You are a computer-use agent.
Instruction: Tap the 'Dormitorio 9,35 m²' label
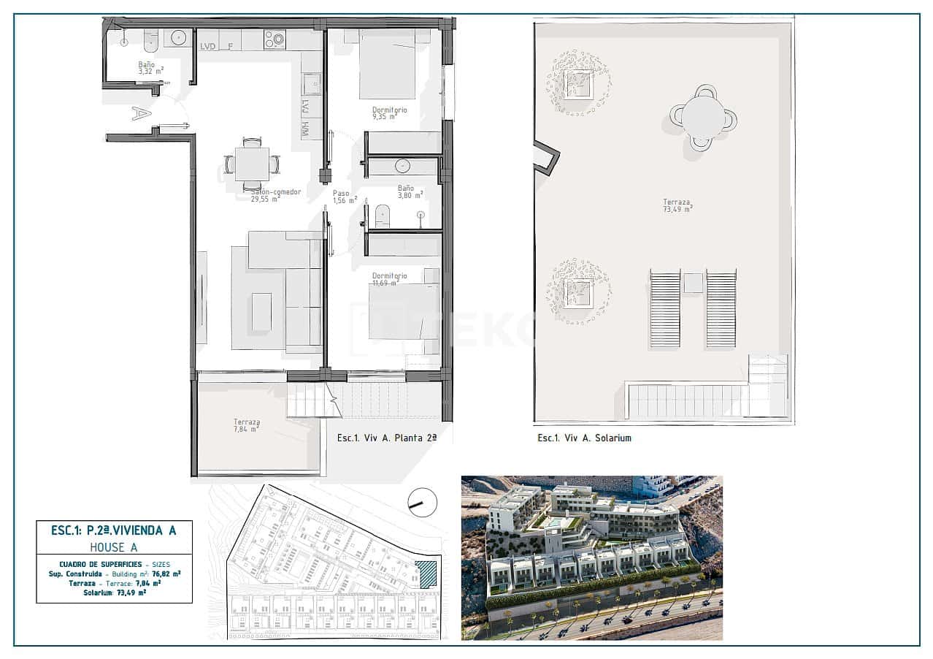tap(389, 113)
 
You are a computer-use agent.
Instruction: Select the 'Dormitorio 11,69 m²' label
tap(389, 279)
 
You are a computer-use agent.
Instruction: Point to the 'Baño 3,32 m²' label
tap(150, 67)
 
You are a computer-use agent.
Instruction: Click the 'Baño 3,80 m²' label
tap(410, 191)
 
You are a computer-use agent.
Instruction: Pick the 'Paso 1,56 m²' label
tap(344, 197)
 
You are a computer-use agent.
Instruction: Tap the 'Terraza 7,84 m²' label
tap(246, 425)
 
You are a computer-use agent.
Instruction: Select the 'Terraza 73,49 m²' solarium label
tap(677, 205)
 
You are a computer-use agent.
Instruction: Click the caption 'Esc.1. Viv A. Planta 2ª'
tap(386, 438)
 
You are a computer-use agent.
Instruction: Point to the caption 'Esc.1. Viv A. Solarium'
tap(584, 438)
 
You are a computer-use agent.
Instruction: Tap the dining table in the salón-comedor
tap(252, 164)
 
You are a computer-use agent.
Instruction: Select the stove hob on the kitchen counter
tap(274, 39)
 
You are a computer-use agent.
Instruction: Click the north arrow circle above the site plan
tap(422, 502)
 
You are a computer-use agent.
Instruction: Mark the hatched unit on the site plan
tap(426, 574)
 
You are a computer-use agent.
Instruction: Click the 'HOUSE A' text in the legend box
tap(114, 546)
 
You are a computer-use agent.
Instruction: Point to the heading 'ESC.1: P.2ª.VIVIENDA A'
tap(114, 530)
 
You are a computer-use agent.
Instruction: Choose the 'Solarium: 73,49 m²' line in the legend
tap(114, 593)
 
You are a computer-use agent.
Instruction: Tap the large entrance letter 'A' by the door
tap(141, 113)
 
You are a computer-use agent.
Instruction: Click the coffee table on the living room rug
tap(261, 312)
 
